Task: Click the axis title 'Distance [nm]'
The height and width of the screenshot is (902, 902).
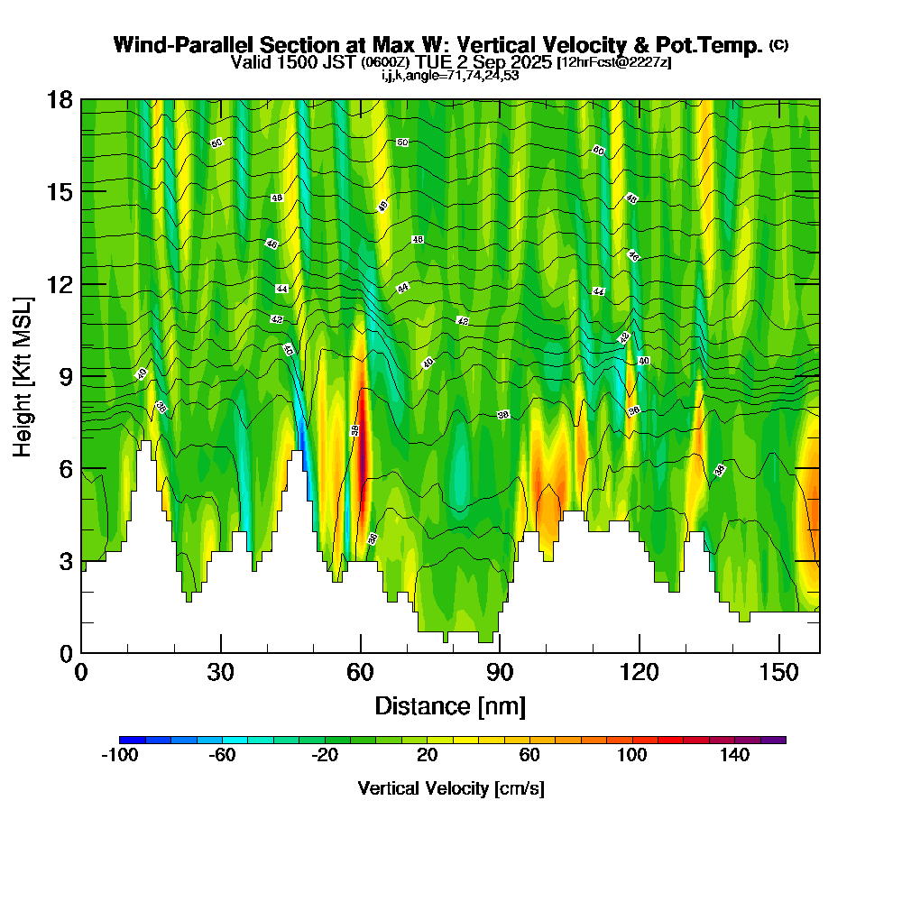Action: tap(450, 705)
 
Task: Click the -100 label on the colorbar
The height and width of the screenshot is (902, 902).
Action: tap(119, 755)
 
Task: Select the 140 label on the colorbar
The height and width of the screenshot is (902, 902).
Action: tap(734, 755)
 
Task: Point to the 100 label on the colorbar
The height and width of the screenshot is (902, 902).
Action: tap(631, 755)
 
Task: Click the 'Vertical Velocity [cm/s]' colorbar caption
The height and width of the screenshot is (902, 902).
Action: tap(451, 788)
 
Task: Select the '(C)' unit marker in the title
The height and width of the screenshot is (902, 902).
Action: tap(778, 45)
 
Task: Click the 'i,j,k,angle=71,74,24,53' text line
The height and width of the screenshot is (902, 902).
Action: tap(450, 76)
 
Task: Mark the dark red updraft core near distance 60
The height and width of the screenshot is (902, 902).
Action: tap(363, 451)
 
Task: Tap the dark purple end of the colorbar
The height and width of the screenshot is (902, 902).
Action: tap(773, 740)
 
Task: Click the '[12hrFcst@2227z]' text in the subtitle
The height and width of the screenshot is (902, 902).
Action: tap(614, 63)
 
